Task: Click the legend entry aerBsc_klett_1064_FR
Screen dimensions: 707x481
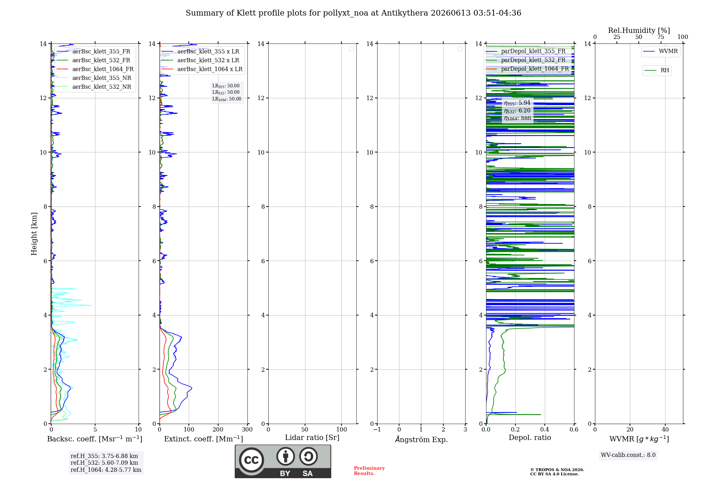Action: pos(95,69)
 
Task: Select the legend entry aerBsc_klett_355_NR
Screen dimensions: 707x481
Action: pos(94,78)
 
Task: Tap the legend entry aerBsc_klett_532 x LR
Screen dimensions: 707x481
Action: pos(200,60)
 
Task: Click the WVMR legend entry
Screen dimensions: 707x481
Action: pos(660,51)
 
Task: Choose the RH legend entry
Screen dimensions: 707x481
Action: pos(657,70)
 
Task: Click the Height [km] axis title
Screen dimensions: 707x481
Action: pos(34,234)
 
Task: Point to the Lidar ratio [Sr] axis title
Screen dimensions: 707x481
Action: pos(312,437)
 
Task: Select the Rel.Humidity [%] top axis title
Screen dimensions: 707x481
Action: pos(639,30)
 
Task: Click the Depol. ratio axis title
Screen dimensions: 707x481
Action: pos(530,437)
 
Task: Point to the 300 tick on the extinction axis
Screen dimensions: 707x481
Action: pos(247,429)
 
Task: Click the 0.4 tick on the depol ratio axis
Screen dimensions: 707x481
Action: pos(545,429)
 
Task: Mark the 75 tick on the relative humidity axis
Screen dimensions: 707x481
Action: pos(661,37)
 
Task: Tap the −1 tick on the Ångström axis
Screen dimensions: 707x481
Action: pos(377,429)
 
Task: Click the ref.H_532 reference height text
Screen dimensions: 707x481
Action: pos(104,463)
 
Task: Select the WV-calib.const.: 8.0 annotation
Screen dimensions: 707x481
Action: pos(628,455)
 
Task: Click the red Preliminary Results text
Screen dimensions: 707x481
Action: pos(369,471)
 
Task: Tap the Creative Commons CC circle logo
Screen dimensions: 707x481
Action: pos(251,460)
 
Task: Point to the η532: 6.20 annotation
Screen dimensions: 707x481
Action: pos(517,111)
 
